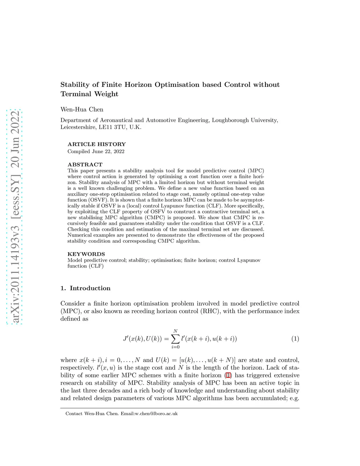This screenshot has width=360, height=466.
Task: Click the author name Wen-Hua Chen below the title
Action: tap(82, 109)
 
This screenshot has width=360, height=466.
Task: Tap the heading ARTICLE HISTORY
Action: tap(96, 144)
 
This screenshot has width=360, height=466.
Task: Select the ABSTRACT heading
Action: tap(85, 165)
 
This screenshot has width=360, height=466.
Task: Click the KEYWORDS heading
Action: tap(86, 254)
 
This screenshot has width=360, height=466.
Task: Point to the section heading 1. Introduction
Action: tap(85, 288)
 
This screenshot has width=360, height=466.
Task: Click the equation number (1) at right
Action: tap(295, 339)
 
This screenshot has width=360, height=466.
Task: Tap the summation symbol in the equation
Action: tap(175, 339)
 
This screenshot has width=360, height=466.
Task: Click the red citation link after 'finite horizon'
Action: tap(228, 375)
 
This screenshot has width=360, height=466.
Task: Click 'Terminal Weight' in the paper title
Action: tap(89, 94)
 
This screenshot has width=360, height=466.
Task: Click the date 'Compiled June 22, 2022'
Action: tap(96, 152)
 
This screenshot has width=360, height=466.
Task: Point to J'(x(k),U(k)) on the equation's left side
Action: tap(142, 339)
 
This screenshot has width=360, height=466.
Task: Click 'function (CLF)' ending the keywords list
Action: tap(85, 266)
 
